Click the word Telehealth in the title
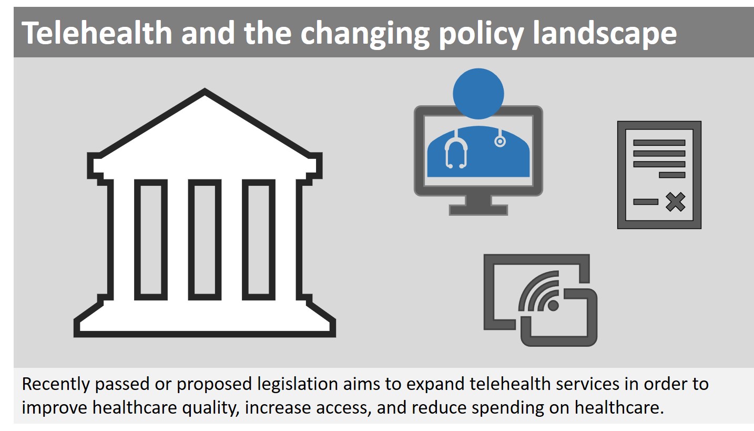97,33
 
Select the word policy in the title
481,34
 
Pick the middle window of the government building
205,239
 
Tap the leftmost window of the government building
151,239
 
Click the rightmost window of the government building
259,239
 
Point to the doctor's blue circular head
478,94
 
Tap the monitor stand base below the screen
478,210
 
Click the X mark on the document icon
675,202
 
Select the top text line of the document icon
659,143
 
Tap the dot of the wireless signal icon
553,306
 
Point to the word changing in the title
365,34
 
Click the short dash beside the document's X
646,202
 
